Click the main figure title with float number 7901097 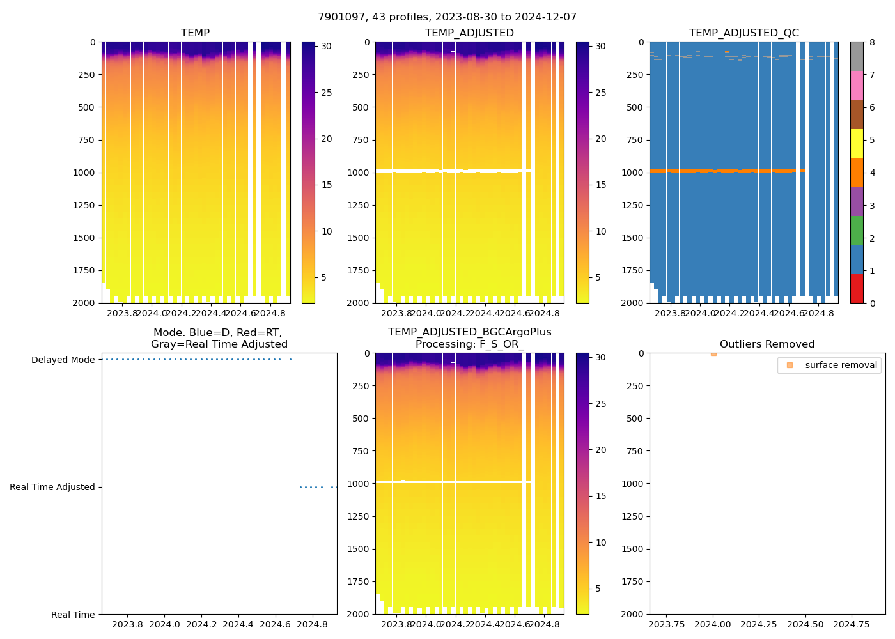coord(447,17)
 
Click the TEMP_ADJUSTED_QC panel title coord(743,33)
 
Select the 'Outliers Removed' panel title coord(767,344)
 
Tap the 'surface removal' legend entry coord(841,365)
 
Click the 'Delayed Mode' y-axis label coord(63,360)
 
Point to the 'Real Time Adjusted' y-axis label coord(52,488)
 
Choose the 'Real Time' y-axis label coord(73,615)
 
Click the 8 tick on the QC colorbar coord(872,43)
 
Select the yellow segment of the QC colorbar coord(857,144)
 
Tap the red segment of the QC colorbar coord(857,289)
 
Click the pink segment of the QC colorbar coord(857,86)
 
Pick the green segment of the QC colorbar coord(857,231)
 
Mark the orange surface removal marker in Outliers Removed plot coord(713,354)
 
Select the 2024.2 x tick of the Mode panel coord(201,624)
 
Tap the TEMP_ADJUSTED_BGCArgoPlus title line coord(469,332)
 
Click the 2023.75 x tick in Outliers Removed coord(667,624)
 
